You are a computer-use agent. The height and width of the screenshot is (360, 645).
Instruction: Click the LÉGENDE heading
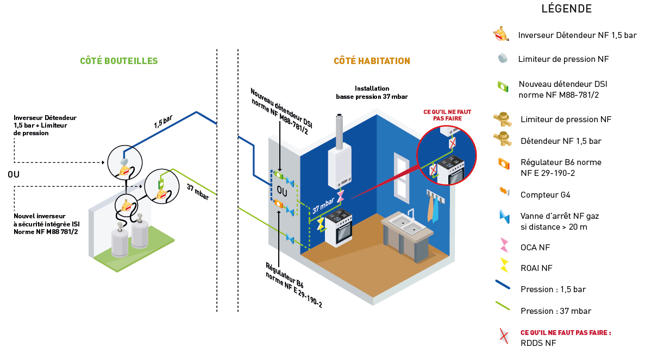[566, 9]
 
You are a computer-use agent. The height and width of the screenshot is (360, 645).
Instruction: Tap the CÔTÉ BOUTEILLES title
[119, 61]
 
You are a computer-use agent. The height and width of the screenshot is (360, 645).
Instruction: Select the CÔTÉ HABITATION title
[372, 61]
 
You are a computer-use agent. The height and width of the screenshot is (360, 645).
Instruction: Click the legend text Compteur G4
[545, 194]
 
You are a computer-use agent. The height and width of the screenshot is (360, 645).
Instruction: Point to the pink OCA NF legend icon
[504, 247]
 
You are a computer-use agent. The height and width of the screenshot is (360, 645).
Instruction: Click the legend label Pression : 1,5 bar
[553, 289]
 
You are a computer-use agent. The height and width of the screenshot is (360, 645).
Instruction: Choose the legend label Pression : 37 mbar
[555, 311]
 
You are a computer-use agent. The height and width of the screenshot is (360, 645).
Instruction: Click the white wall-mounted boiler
[340, 169]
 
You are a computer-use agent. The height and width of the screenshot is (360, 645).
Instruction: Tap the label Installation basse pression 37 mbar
[372, 92]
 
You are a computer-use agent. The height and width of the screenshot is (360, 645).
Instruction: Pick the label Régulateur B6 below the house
[294, 286]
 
